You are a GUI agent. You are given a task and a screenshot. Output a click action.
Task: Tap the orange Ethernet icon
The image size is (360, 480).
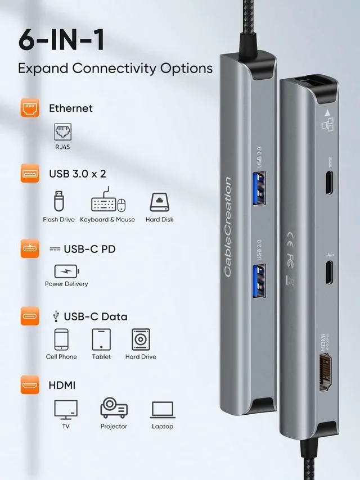pyautogui.click(x=30, y=108)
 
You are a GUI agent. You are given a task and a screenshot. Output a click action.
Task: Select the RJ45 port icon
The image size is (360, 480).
pyautogui.click(x=62, y=133)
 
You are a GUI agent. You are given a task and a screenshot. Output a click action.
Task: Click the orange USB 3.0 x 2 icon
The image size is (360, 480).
pyautogui.click(x=30, y=174)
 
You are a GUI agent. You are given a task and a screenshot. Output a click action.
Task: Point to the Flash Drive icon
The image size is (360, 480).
pyautogui.click(x=58, y=202)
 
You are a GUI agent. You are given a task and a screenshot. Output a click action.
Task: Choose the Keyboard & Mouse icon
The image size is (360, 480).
pyautogui.click(x=107, y=202)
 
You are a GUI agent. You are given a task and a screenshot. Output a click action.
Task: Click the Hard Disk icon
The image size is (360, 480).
pyautogui.click(x=159, y=202)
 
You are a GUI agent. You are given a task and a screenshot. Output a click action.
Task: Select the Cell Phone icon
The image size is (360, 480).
pyautogui.click(x=61, y=339)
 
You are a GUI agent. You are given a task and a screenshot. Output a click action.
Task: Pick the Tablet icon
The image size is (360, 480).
pyautogui.click(x=101, y=339)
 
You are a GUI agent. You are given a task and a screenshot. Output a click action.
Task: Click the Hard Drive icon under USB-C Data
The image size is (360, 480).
pyautogui.click(x=141, y=339)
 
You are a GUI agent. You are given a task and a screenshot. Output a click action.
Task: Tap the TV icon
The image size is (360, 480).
pyautogui.click(x=66, y=409)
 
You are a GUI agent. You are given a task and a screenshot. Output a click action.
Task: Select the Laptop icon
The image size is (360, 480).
pyautogui.click(x=163, y=410)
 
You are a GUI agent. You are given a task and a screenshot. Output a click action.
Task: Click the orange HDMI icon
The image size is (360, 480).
pyautogui.click(x=30, y=386)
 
